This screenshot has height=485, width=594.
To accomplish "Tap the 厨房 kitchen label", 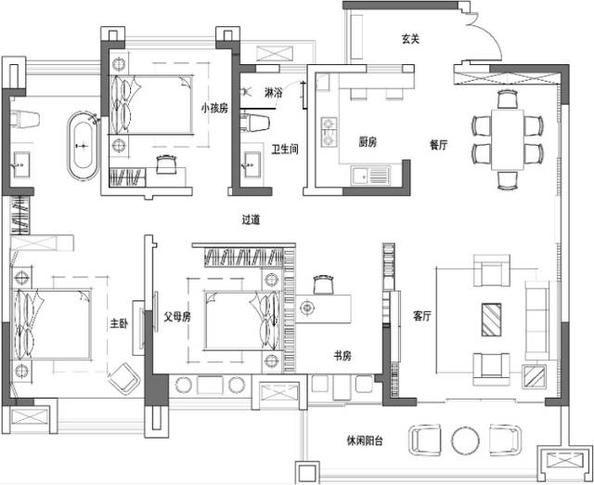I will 368,142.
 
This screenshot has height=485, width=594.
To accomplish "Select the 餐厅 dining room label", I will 439,145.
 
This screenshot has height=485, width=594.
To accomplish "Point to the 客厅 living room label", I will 423,317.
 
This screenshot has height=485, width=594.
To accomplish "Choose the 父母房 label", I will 177,316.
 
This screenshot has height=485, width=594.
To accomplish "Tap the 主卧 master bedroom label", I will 118,323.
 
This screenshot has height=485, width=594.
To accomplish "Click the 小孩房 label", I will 214,107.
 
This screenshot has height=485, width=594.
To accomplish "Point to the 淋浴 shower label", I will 274,94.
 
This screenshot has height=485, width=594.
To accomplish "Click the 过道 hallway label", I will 251,220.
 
